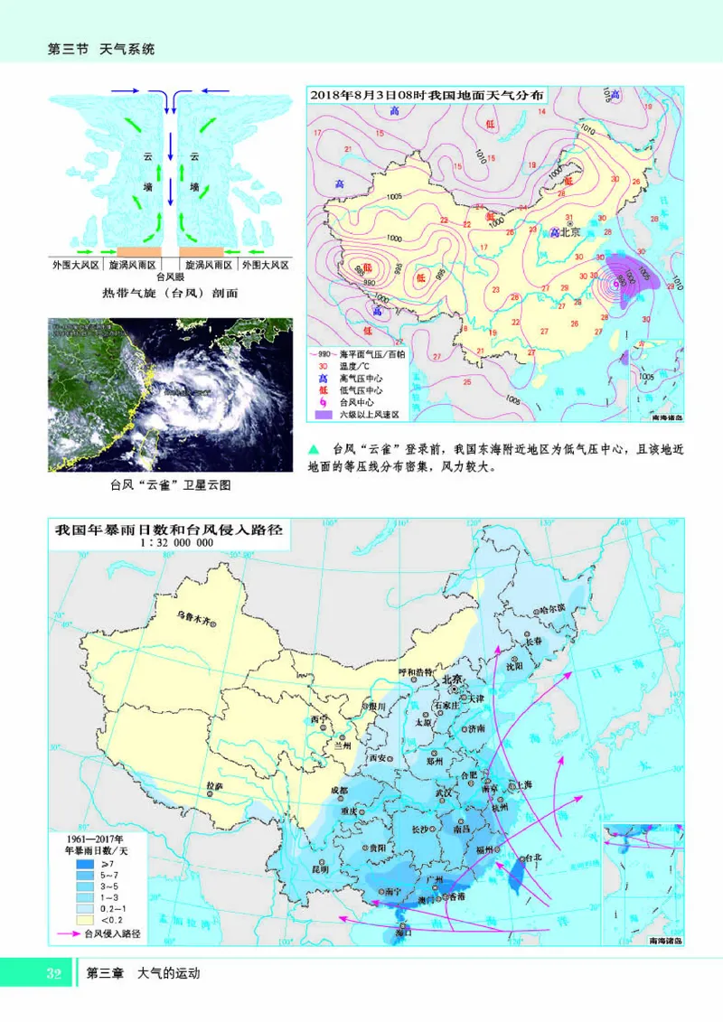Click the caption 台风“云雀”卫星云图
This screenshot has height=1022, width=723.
[170, 484]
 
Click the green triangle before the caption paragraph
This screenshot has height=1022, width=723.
[315, 447]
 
